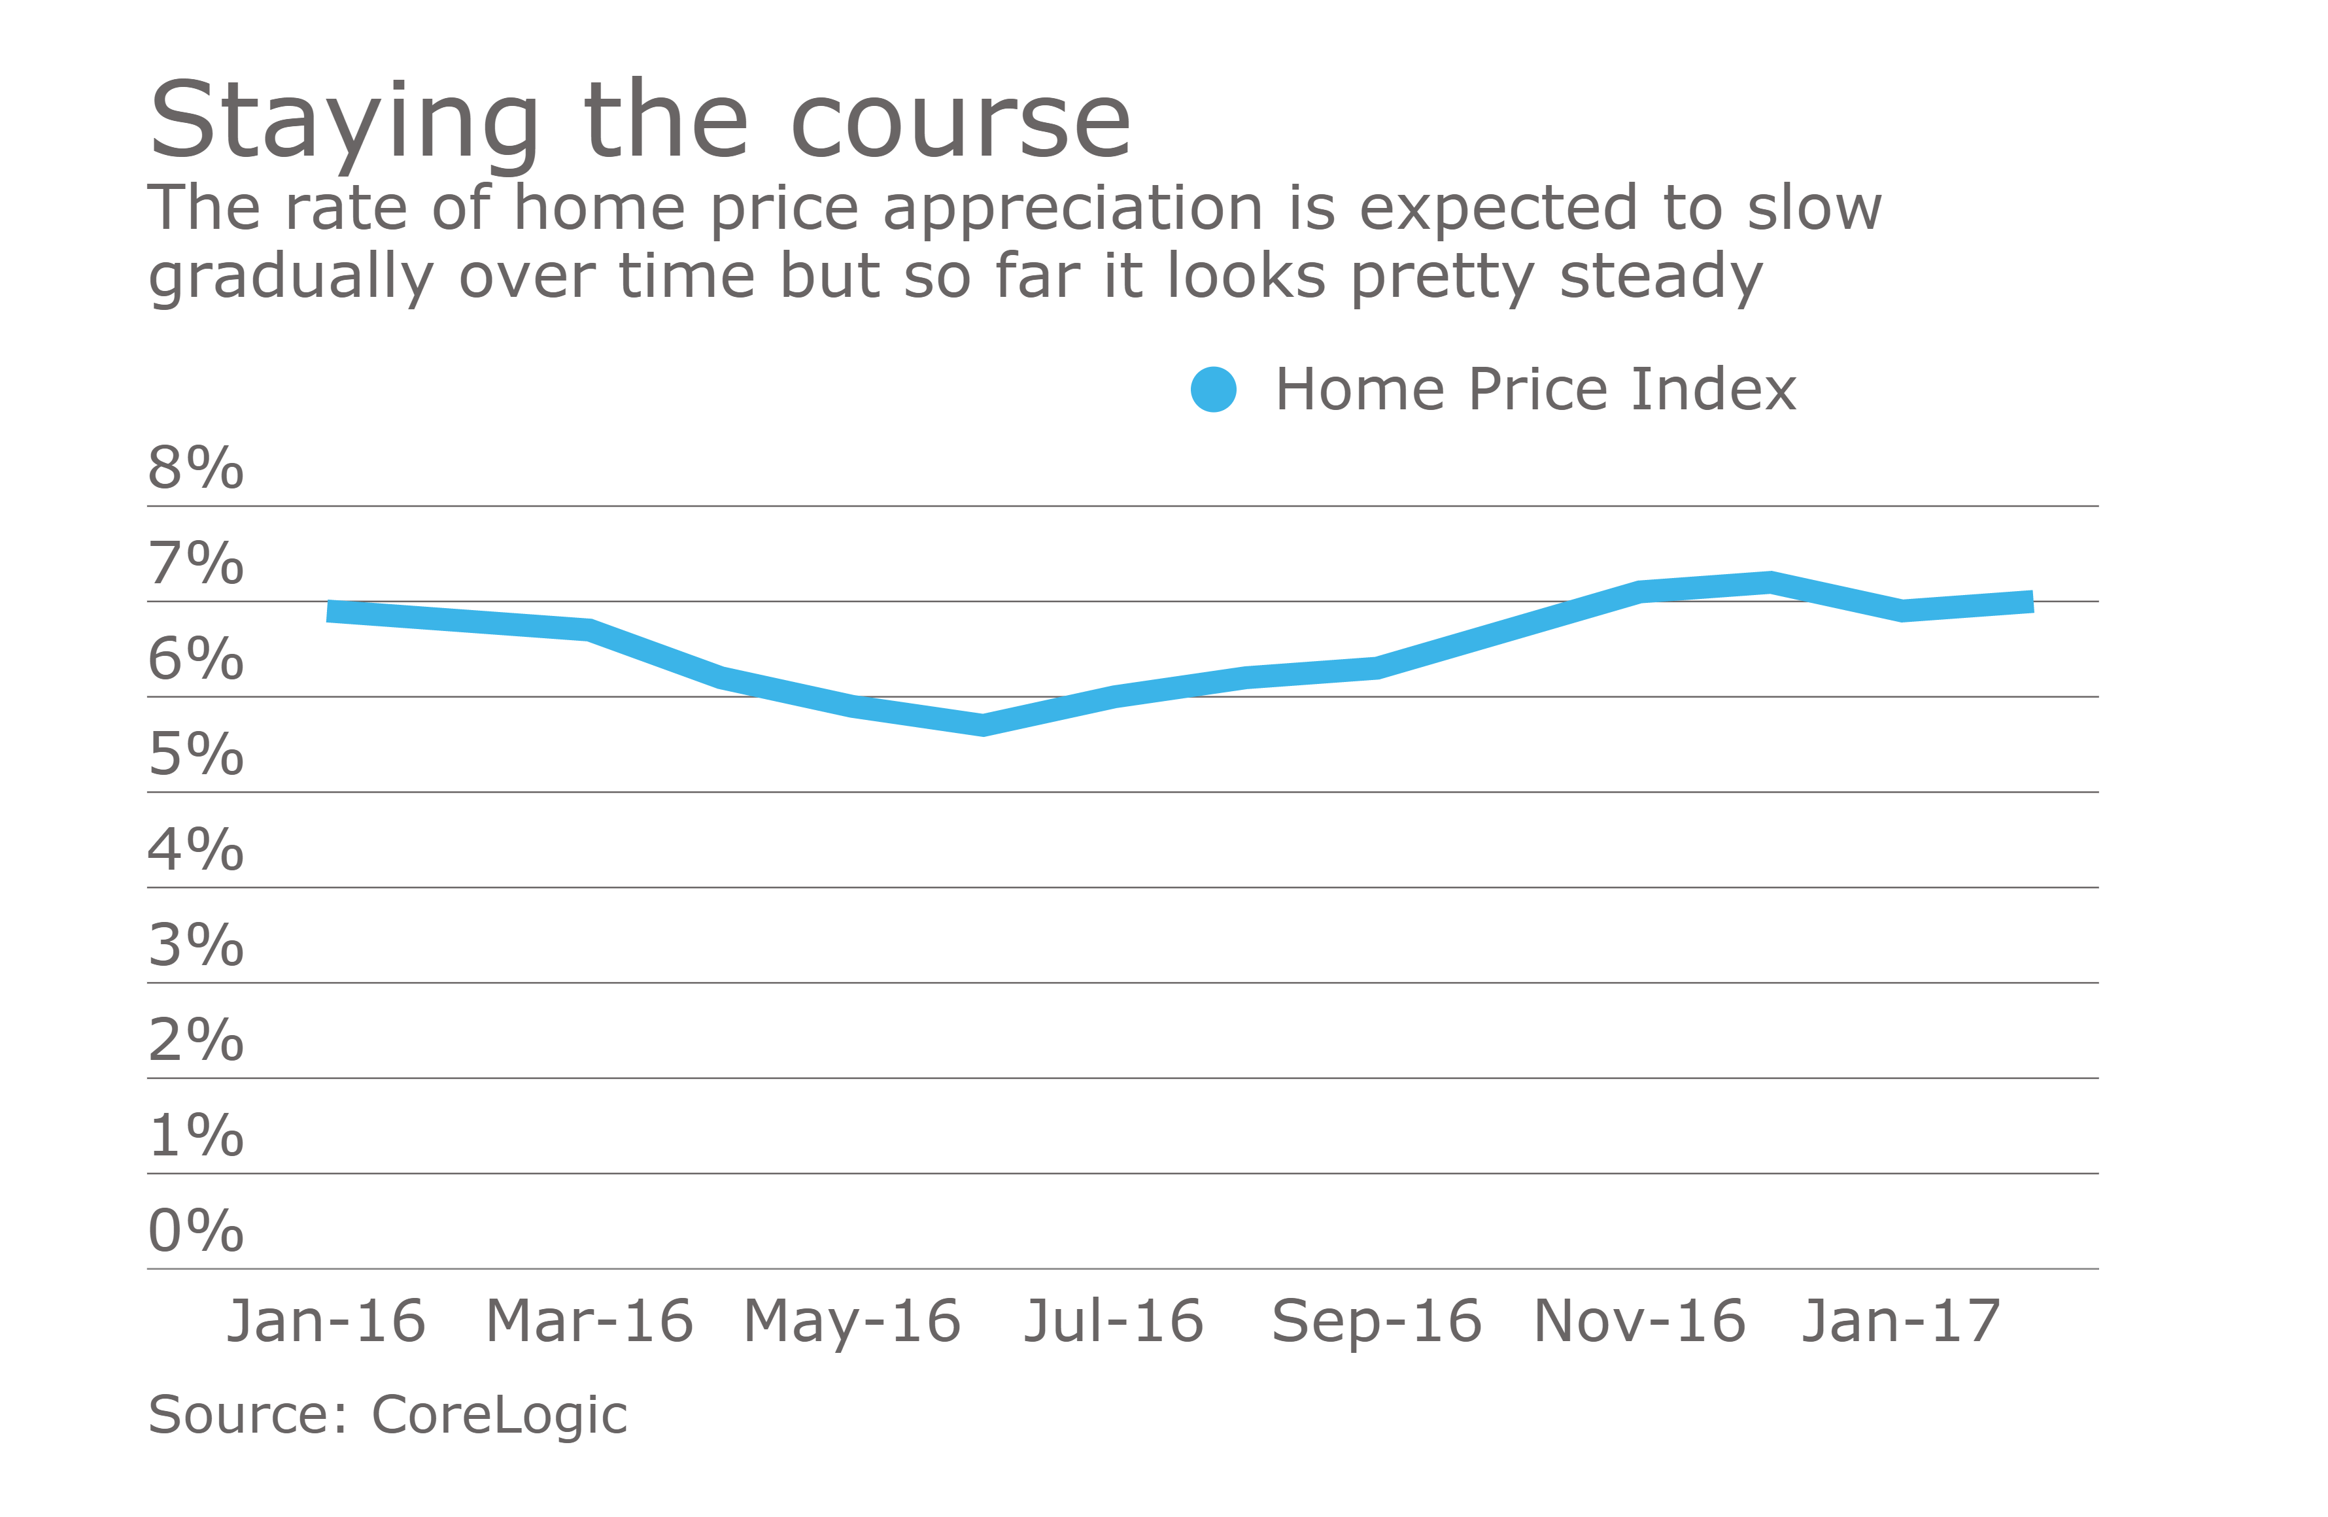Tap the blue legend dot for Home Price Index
point(1213,389)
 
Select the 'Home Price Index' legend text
point(1535,389)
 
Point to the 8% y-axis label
point(196,468)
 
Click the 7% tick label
point(196,564)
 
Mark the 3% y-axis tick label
point(196,945)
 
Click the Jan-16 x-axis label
point(327,1321)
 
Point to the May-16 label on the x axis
point(852,1321)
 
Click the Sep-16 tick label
point(1377,1321)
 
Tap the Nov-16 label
point(1639,1321)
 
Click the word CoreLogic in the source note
point(499,1415)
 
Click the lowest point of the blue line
point(983,724)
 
